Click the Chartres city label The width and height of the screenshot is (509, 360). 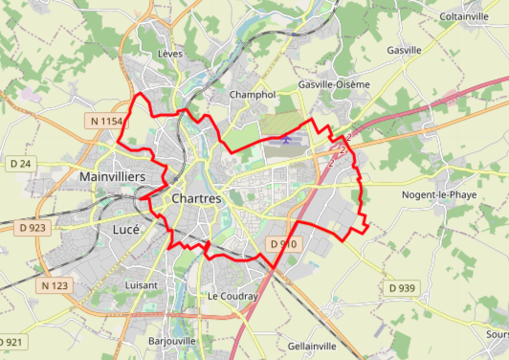[196, 198]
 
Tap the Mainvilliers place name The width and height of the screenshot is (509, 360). [112, 178]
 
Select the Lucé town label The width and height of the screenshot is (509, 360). [125, 230]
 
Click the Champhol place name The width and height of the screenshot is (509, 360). [253, 95]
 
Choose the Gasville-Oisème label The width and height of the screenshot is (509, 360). [334, 84]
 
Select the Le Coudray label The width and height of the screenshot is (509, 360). [232, 297]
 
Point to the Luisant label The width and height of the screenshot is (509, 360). [141, 285]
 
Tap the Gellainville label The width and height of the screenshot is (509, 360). [312, 346]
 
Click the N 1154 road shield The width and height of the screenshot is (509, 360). [104, 121]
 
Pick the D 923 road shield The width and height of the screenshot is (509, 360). [33, 228]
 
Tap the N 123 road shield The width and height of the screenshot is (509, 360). [55, 286]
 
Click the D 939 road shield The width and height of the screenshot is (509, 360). [402, 288]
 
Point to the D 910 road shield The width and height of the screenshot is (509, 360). [284, 245]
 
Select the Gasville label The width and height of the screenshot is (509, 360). [404, 50]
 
